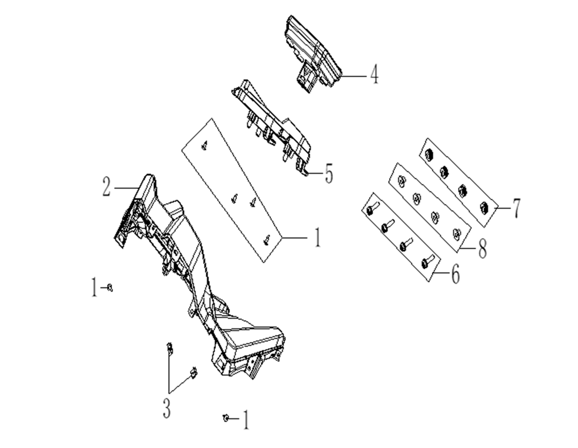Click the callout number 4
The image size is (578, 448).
tap(373, 76)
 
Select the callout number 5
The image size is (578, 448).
tap(328, 174)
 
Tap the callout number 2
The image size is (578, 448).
tap(107, 187)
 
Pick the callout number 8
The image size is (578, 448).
tap(482, 249)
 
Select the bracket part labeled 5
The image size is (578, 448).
tap(273, 124)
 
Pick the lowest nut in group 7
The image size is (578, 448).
tap(484, 208)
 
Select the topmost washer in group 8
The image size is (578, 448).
tap(402, 180)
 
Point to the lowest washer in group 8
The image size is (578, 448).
tap(456, 233)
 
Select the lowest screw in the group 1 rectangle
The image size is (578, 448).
tap(267, 238)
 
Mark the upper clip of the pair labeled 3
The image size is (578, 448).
tap(169, 349)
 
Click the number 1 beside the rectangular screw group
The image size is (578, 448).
tap(317, 237)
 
